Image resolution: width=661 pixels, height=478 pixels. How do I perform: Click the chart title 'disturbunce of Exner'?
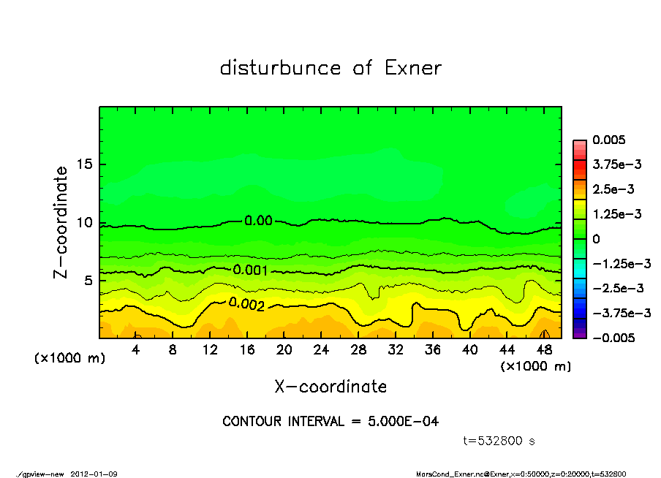330,68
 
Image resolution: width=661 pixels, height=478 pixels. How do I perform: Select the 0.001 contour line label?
250,270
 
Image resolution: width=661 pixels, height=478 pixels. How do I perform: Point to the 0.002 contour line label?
246,303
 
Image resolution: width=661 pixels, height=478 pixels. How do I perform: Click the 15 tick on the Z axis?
85,165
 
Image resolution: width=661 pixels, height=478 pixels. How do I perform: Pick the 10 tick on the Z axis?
85,223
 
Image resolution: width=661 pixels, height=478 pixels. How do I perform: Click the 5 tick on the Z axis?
88,281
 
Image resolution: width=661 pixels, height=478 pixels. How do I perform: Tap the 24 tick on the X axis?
321,350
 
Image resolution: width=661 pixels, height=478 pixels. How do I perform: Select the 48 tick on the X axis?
543,350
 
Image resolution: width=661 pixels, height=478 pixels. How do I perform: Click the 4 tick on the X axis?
136,350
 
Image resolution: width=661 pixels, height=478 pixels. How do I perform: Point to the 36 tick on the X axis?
432,350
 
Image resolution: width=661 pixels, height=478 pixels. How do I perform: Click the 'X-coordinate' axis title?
330,386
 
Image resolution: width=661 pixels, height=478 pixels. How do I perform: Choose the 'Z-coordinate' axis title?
61,222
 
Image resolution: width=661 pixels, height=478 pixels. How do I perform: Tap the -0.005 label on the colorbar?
613,338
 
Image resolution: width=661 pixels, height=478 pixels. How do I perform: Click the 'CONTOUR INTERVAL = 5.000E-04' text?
330,422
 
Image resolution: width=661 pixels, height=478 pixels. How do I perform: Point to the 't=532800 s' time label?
500,441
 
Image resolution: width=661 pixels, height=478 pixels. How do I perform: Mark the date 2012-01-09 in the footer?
94,474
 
